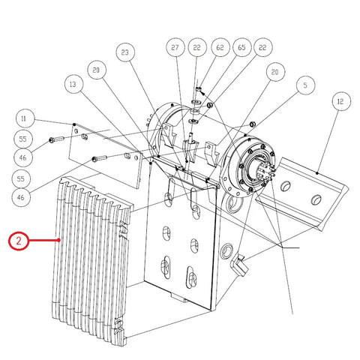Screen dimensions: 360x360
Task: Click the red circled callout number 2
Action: click(19, 241)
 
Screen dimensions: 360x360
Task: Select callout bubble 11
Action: click(25, 118)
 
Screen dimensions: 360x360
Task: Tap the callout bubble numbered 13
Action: click(73, 84)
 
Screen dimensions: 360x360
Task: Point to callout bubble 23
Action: click(125, 52)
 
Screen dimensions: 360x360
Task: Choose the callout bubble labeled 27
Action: click(175, 47)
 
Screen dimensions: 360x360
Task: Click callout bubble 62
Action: click(220, 47)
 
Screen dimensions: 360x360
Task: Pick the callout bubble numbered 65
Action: click(241, 47)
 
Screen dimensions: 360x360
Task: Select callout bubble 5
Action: click(305, 85)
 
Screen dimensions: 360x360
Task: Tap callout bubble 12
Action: click(341, 101)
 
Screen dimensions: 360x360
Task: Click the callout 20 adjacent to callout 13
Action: click(97, 70)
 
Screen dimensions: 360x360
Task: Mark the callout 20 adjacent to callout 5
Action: click(275, 72)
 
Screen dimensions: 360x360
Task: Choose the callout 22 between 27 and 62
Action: click(197, 47)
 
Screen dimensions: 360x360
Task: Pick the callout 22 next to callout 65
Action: click(263, 47)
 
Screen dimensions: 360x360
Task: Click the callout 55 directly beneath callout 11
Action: click(23, 139)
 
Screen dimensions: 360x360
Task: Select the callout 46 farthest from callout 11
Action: click(21, 197)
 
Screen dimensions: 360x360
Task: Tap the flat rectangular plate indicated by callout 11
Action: click(106, 155)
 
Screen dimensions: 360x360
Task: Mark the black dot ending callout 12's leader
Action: click(317, 172)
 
